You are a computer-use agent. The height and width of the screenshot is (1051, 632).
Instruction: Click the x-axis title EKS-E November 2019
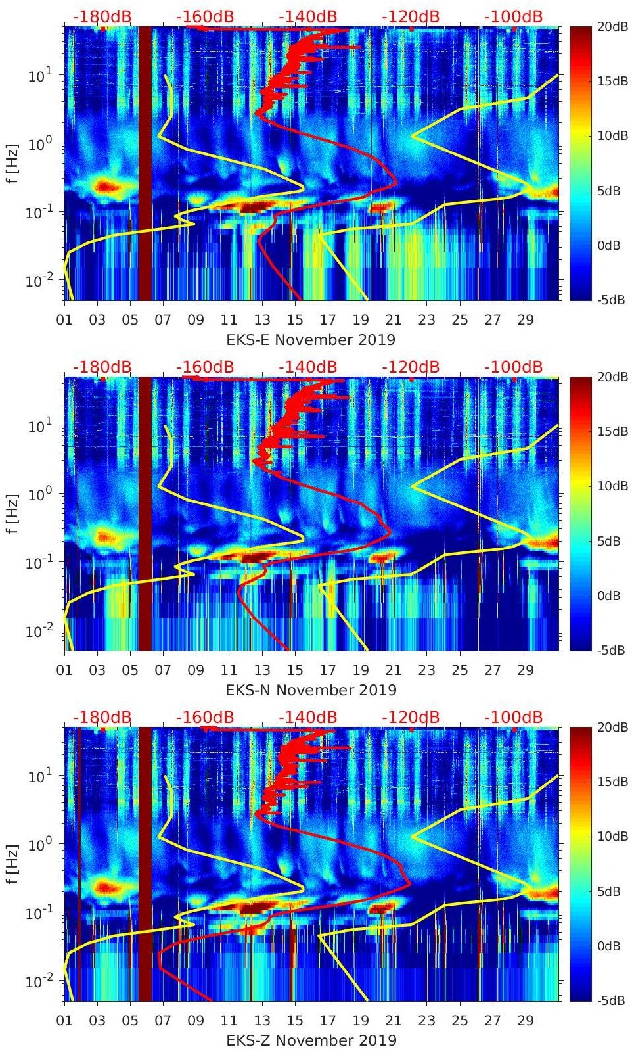pos(311,339)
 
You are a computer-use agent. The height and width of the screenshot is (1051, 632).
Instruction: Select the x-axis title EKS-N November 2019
pos(311,689)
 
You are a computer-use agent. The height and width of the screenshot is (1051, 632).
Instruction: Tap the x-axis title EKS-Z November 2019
pos(311,1040)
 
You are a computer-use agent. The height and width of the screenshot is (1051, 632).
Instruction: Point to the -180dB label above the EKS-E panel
pos(102,16)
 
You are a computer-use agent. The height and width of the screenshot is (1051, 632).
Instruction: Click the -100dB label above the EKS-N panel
pos(513,367)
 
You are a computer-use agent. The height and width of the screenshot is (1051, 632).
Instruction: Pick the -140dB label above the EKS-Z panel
pos(307,717)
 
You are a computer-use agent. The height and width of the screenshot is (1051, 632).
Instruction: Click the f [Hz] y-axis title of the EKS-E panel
pos(13,163)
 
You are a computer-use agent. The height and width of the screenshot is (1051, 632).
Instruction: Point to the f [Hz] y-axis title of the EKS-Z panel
pos(13,864)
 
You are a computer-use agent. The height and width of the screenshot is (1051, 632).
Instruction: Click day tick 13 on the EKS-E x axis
pos(262,320)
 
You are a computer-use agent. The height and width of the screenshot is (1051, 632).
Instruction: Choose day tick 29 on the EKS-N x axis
pos(526,670)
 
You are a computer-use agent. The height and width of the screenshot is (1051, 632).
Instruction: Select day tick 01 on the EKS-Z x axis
pos(64,1021)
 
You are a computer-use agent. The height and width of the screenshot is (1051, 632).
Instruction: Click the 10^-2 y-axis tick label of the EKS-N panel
pos(37,631)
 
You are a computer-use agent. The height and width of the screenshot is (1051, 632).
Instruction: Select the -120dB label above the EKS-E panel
pos(411,16)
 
